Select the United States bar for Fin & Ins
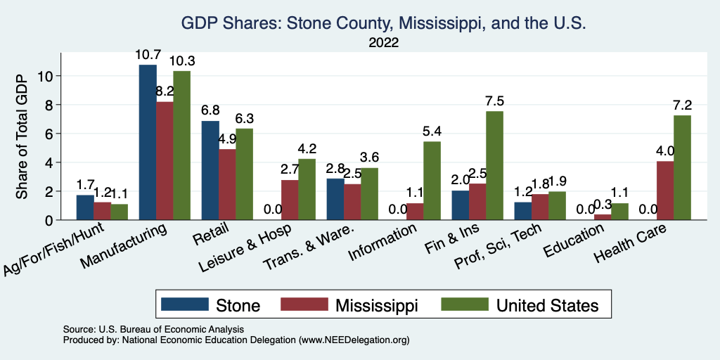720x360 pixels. pos(494,165)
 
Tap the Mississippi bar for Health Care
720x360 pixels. pos(665,191)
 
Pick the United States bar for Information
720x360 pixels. pos(432,181)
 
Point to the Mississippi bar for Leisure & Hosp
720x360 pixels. pos(289,200)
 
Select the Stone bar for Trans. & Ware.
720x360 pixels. pos(335,199)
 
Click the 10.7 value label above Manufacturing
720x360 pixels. pos(148,54)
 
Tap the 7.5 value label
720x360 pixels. pos(495,101)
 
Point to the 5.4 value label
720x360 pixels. pos(432,131)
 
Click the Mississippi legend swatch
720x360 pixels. pos(304,304)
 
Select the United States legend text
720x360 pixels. pos(547,305)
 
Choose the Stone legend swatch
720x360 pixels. pos(185,304)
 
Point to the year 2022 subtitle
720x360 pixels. pos(383,43)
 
